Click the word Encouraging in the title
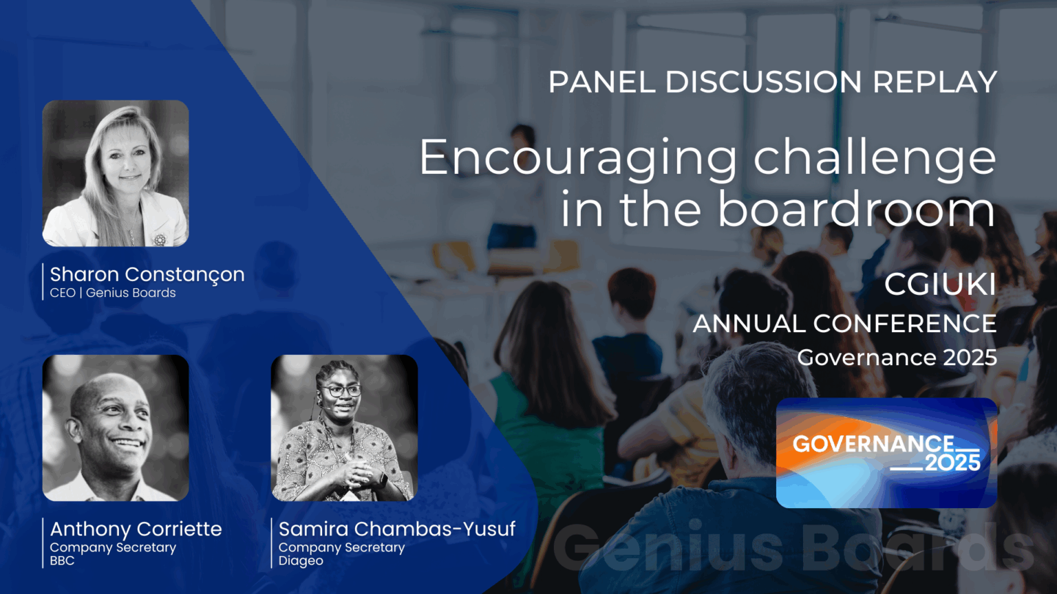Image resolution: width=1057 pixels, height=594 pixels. [x=578, y=158]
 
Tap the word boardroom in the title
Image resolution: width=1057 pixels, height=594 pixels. [x=856, y=210]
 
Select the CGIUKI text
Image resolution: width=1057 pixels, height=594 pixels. [x=940, y=285]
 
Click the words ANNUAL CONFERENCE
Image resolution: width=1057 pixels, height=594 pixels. [x=844, y=323]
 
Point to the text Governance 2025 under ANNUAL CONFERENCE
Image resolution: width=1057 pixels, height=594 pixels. [x=897, y=357]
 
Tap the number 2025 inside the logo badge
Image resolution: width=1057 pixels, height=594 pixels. [x=952, y=463]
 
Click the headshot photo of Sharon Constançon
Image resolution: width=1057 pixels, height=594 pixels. [x=116, y=173]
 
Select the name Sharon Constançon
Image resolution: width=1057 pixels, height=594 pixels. [x=147, y=274]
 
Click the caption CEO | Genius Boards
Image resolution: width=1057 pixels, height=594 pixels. [x=113, y=293]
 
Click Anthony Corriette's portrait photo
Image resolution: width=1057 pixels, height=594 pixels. [x=116, y=428]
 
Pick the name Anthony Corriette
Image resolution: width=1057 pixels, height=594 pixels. [x=136, y=529]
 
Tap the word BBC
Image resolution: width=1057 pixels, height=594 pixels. [x=62, y=561]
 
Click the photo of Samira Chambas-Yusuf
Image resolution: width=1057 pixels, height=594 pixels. [x=344, y=428]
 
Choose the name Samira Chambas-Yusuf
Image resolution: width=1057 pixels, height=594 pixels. [x=396, y=529]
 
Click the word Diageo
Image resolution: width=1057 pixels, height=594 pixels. [x=301, y=561]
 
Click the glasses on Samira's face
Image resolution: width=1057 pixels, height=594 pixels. [x=341, y=390]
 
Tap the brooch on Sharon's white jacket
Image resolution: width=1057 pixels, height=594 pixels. [x=160, y=239]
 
